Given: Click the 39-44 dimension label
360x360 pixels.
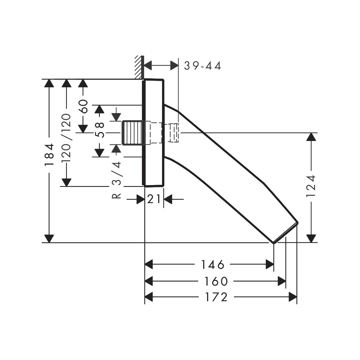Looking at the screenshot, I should click(202, 66).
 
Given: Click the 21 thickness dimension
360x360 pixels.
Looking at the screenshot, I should click(154, 199).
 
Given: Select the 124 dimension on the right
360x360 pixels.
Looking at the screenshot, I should click(312, 186).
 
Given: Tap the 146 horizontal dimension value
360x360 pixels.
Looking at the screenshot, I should click(212, 265).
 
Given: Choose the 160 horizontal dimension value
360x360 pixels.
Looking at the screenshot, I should click(216, 281).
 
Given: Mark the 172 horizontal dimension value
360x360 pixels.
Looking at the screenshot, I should click(216, 297).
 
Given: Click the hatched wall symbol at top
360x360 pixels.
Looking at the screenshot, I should click(138, 67).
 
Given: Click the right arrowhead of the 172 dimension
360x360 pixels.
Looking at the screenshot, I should click(293, 297).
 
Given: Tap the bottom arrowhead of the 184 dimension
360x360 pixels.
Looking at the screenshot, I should click(49, 238).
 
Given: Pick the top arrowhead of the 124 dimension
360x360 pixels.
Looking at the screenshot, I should click(312, 137).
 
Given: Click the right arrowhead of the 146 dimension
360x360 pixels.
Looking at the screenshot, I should click(270, 265).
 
